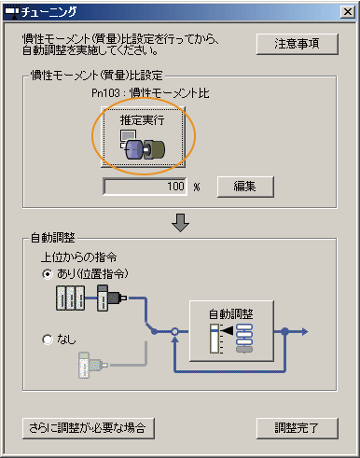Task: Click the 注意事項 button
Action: (297, 44)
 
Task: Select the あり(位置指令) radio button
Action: (48, 274)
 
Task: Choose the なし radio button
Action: (48, 340)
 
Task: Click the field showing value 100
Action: (145, 186)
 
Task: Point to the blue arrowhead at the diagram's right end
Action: (302, 331)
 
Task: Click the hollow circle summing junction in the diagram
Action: (174, 331)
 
